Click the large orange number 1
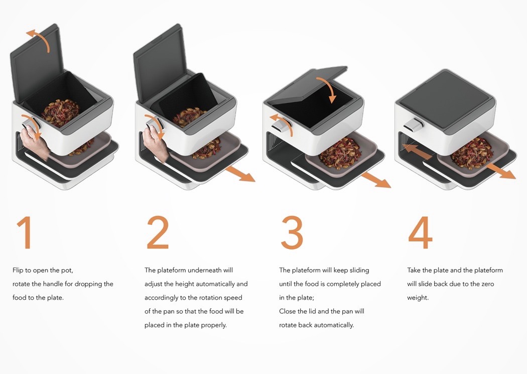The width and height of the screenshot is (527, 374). (x=25, y=232)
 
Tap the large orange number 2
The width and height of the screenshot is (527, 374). (x=158, y=232)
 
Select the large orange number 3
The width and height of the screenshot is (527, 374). (x=292, y=232)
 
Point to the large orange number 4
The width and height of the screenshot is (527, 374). (x=420, y=232)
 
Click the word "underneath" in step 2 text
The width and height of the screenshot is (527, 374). (x=201, y=270)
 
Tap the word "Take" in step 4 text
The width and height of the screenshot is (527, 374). (x=414, y=270)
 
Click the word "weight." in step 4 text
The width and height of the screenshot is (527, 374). (x=418, y=298)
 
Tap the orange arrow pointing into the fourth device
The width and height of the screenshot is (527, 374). (x=417, y=152)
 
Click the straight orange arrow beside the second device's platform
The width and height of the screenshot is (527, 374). (x=240, y=174)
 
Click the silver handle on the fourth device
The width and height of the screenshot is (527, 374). (x=414, y=125)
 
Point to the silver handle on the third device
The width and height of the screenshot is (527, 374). (x=282, y=127)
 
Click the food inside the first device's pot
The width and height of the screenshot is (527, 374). (x=61, y=112)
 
